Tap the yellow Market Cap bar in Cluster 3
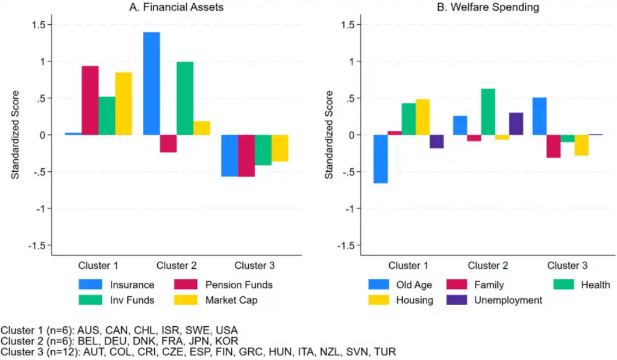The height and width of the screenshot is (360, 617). [279, 148]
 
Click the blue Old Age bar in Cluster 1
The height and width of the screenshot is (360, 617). [380, 159]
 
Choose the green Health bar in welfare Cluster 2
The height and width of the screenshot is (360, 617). [488, 112]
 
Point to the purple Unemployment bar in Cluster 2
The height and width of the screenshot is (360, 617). [516, 124]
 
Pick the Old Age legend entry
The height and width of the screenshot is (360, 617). [413, 285]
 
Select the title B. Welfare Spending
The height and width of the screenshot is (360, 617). [487, 8]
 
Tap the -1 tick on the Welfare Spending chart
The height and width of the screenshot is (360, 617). [351, 209]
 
